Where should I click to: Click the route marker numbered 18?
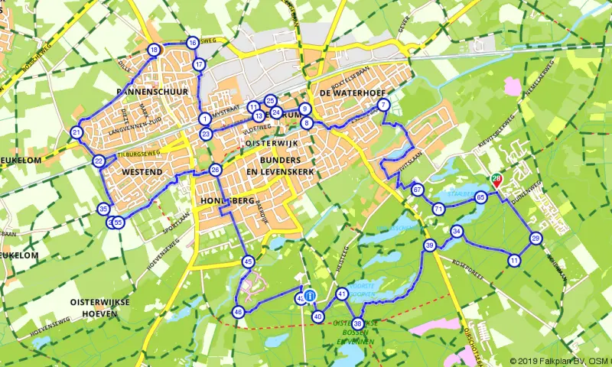[x=155, y=50]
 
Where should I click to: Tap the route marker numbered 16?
[x=193, y=43]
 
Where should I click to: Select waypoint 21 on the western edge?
[x=76, y=133]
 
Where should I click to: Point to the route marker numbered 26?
[x=216, y=171]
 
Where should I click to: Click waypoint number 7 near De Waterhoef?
[x=384, y=105]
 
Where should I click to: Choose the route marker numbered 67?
[x=417, y=190]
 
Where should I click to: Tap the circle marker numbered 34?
[x=457, y=232]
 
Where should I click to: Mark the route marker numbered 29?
[x=536, y=239]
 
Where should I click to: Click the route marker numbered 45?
[x=248, y=261]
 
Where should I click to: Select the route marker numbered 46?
[x=239, y=312]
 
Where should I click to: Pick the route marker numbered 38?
[x=357, y=323]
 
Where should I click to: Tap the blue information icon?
[x=310, y=295]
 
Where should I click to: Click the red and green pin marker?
[x=496, y=180]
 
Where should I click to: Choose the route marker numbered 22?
[x=99, y=161]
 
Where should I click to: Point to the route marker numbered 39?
[x=430, y=245]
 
